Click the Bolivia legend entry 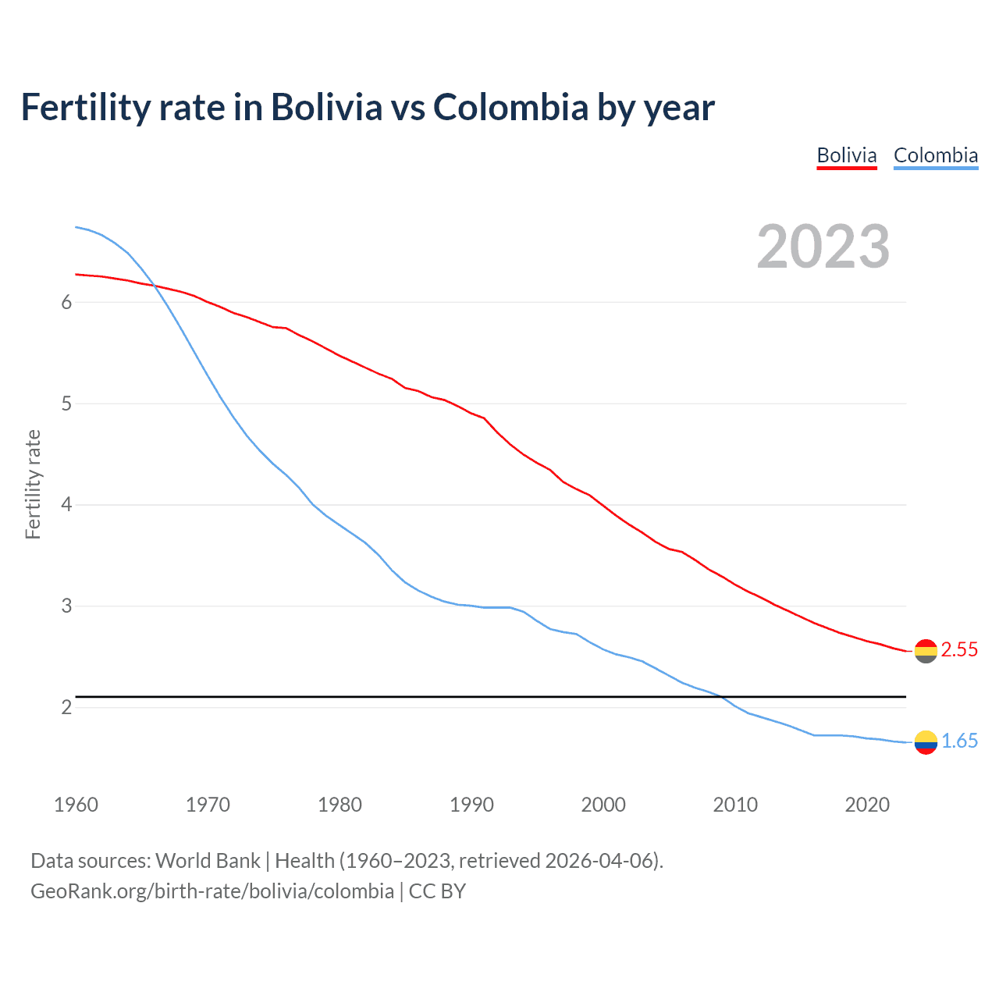(x=847, y=155)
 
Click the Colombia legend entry (x=935, y=155)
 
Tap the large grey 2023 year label (x=823, y=247)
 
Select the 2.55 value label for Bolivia (x=959, y=650)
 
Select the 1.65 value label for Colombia (x=959, y=741)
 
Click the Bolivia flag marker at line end (x=926, y=651)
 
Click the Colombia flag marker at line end (x=926, y=742)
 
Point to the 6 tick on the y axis (x=66, y=303)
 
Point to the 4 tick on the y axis (x=66, y=505)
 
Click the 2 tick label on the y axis (x=66, y=708)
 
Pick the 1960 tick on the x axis (x=76, y=805)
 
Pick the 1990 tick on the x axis (x=471, y=805)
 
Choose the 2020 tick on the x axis (x=867, y=805)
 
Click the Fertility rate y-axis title (x=33, y=484)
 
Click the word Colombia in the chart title (x=510, y=108)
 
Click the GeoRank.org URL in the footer (x=212, y=891)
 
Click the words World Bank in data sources (x=208, y=861)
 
